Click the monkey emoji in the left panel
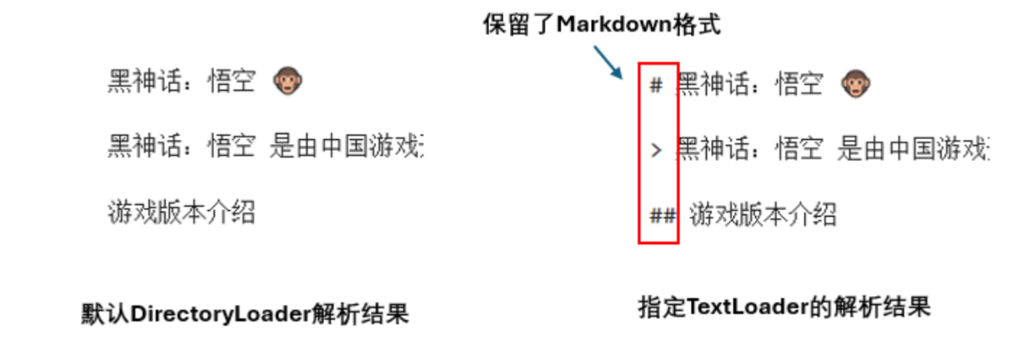[x=288, y=81]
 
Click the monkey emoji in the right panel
[x=855, y=83]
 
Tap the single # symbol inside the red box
[x=656, y=85]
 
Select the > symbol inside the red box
[x=656, y=151]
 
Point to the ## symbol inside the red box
[x=663, y=217]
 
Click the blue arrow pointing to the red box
[x=608, y=62]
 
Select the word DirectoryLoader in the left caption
[x=221, y=314]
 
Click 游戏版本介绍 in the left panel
[x=181, y=212]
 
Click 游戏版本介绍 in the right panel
[x=763, y=215]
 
